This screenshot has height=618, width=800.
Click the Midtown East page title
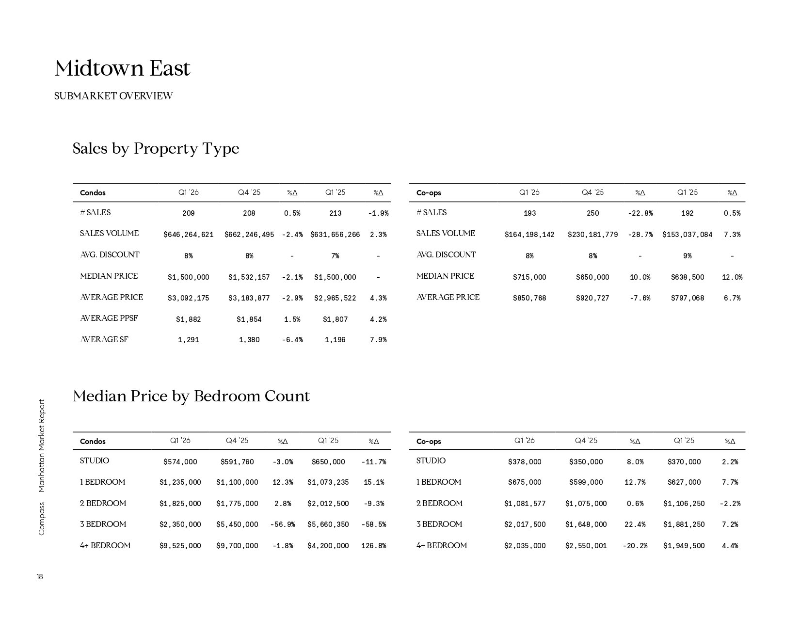(122, 68)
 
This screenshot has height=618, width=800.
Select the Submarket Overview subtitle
(113, 96)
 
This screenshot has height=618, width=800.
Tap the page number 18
(40, 577)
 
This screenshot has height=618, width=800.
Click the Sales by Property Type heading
(156, 148)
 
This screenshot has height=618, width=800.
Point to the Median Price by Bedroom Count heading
(191, 396)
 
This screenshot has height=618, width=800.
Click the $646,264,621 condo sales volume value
(189, 235)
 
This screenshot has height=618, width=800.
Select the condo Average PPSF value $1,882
(189, 319)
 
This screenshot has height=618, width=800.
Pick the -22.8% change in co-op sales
(640, 213)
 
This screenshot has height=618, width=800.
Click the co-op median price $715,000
(529, 277)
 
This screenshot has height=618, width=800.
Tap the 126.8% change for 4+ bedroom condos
(374, 546)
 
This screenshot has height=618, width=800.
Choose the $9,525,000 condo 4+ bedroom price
(180, 546)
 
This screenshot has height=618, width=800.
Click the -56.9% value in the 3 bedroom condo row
(283, 524)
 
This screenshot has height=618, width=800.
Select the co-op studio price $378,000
(525, 462)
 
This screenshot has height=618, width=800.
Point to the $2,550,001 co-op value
(586, 546)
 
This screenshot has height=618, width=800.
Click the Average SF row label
(104, 340)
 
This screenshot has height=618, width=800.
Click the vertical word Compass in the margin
(42, 519)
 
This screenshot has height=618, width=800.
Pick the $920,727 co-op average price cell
(592, 298)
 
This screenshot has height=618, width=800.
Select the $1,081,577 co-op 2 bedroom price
(525, 504)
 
